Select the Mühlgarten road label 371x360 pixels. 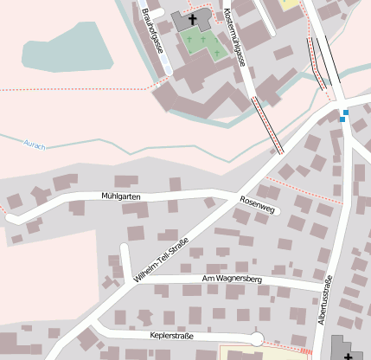[x=119, y=197]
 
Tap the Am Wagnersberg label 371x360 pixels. [x=231, y=280]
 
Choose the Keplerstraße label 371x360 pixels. [x=172, y=335]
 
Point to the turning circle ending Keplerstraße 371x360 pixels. [x=256, y=338]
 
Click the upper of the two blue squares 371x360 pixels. [x=345, y=112]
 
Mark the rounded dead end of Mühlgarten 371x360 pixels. [x=12, y=218]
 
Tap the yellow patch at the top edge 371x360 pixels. [x=289, y=4]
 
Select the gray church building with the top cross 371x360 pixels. [x=185, y=21]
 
